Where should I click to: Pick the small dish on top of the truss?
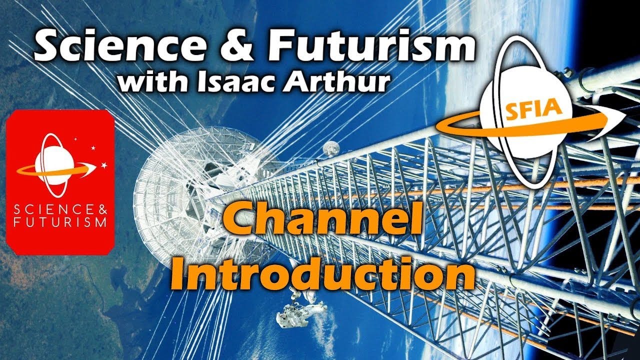[x=330, y=148]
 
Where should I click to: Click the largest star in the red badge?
[x=104, y=165]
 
